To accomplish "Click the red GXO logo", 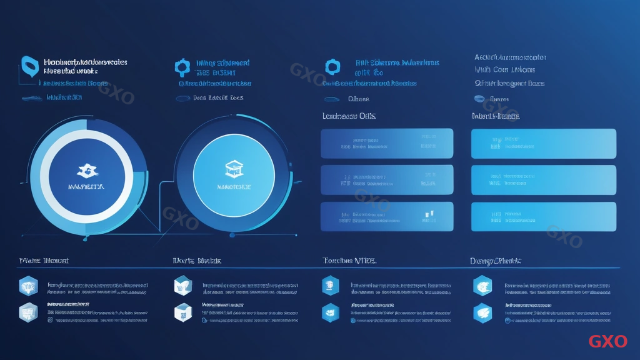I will click(x=607, y=341).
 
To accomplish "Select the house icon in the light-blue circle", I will click(x=233, y=167).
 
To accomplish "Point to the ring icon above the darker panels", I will click(x=332, y=66).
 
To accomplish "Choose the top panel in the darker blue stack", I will click(x=387, y=143).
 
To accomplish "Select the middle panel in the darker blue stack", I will click(x=387, y=180).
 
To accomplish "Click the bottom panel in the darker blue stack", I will click(x=387, y=217).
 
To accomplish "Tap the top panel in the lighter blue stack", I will click(x=543, y=143).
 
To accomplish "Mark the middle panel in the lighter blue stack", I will click(x=543, y=180).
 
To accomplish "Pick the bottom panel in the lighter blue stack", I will click(x=543, y=217).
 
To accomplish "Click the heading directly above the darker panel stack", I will click(x=349, y=116).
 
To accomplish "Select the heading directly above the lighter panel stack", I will click(x=495, y=116).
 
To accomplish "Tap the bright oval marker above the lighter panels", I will click(x=479, y=98).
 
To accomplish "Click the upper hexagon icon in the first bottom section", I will click(x=28, y=286).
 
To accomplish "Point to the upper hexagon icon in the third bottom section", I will click(x=330, y=286).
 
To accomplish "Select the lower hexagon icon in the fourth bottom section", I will click(x=482, y=312).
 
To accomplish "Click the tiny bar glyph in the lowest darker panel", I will click(x=428, y=214).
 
